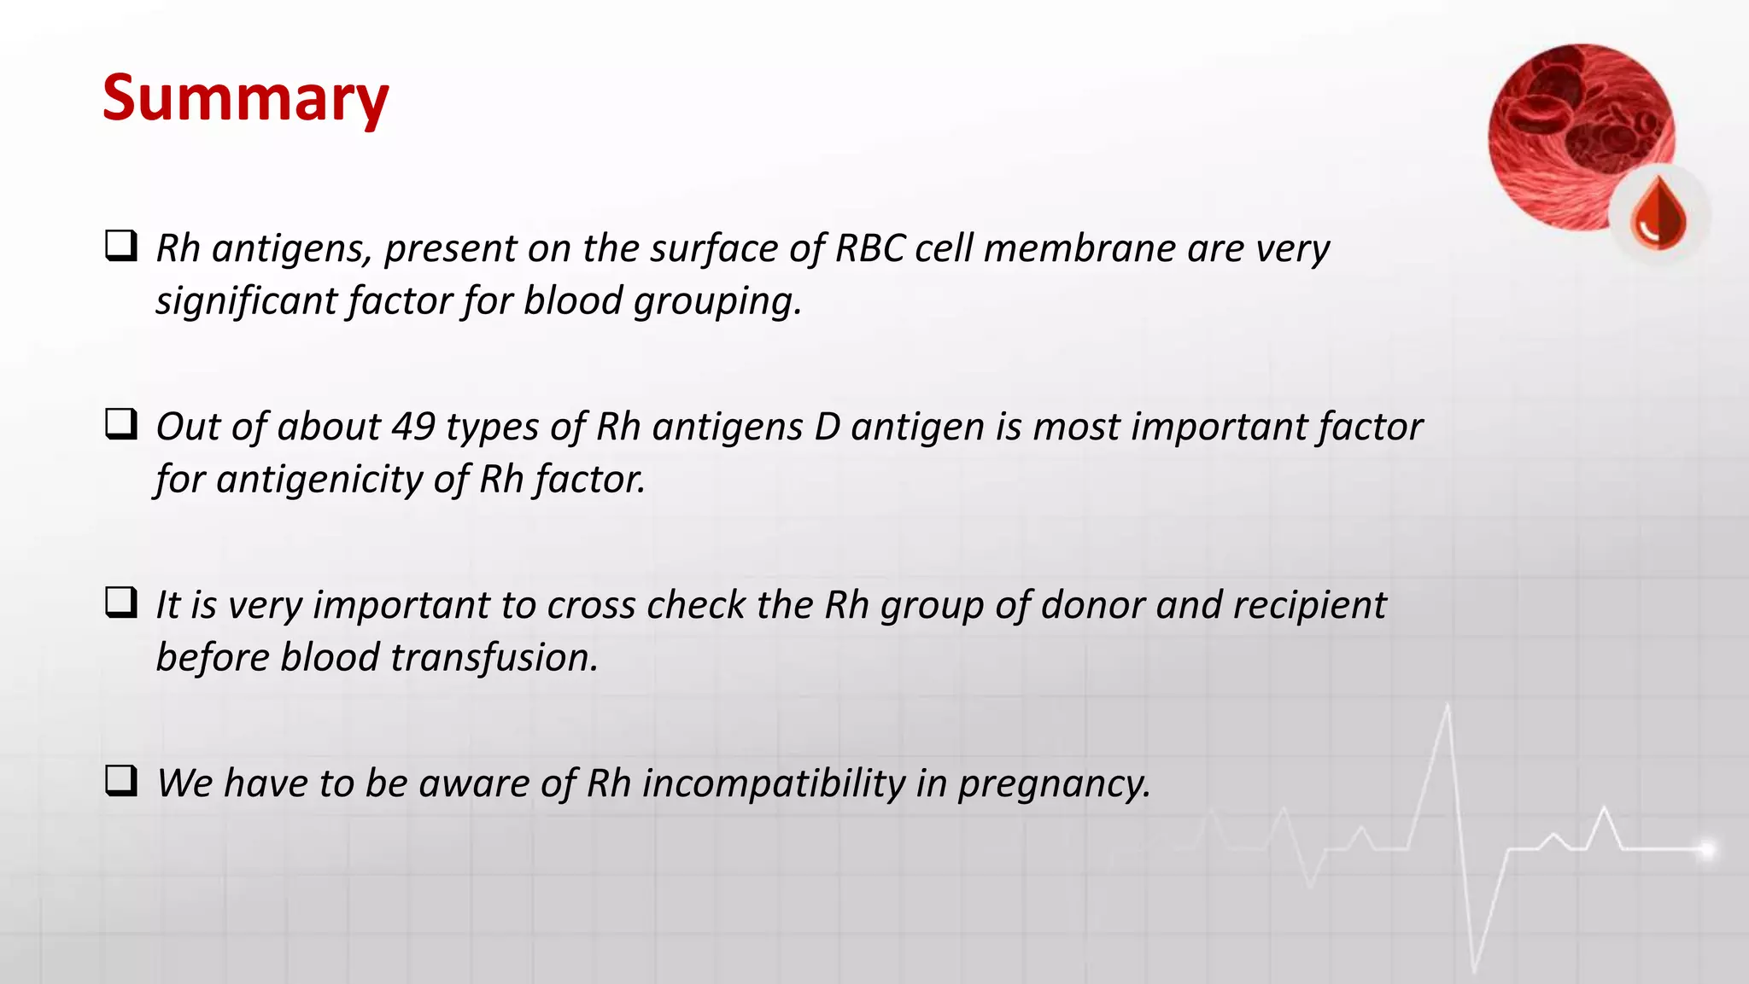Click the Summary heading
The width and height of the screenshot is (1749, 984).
(x=245, y=98)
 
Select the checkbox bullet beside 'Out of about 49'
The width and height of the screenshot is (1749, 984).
(x=121, y=424)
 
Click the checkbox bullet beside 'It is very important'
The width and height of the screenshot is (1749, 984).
(x=121, y=603)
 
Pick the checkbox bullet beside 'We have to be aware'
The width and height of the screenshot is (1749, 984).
(x=121, y=781)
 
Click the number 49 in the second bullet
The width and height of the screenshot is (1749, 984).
(x=413, y=426)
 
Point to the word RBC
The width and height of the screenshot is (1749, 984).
(x=869, y=248)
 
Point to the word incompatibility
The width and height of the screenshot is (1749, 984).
(x=774, y=783)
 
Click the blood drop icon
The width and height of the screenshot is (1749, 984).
(x=1658, y=213)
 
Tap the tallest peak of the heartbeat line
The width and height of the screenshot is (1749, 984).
(x=1448, y=707)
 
